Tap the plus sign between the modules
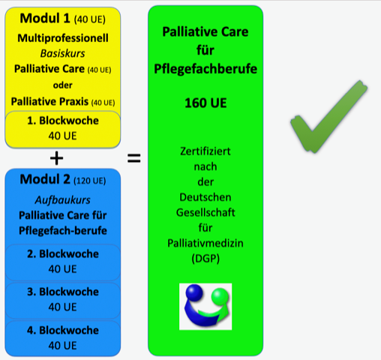[57, 158]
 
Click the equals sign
[134, 158]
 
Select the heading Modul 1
[45, 18]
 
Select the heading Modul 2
[45, 179]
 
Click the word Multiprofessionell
[63, 38]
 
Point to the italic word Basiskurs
[63, 53]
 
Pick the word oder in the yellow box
[63, 85]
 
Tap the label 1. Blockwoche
[63, 121]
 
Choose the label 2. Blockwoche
[63, 253]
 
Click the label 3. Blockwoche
[63, 292]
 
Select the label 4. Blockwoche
[63, 330]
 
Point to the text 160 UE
[205, 103]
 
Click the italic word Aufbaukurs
[63, 200]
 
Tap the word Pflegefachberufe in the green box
[205, 69]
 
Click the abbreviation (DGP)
[205, 259]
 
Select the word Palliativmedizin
[205, 243]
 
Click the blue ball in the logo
[194, 292]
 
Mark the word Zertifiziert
[205, 151]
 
